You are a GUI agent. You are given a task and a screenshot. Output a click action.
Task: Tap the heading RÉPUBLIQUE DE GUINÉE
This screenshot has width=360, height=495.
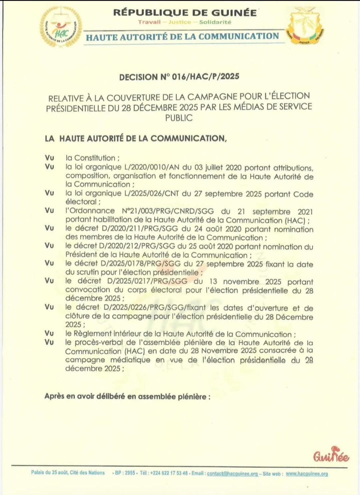click(185, 13)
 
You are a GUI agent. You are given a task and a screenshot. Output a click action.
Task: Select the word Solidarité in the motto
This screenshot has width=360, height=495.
click(215, 22)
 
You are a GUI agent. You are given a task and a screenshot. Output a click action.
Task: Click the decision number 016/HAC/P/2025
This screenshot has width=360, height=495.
click(205, 77)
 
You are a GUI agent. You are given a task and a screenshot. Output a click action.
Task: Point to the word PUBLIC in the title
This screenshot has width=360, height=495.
click(179, 118)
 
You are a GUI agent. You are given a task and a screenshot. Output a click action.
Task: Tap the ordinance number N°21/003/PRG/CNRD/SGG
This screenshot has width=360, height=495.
click(168, 211)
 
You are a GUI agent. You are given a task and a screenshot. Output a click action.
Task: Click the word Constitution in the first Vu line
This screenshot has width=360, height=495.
click(94, 158)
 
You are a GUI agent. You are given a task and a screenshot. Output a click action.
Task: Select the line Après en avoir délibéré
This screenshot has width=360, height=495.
click(127, 396)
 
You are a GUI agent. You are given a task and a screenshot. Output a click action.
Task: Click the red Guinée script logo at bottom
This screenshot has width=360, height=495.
click(331, 455)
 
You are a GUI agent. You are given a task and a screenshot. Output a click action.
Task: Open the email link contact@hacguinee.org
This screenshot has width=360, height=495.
click(232, 473)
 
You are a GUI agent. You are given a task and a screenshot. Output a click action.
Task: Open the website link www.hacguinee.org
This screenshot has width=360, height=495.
click(307, 473)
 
